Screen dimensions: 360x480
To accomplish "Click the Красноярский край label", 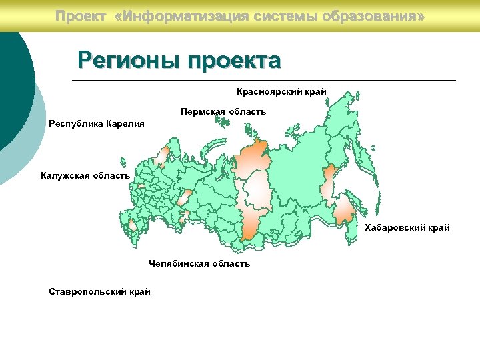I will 281,91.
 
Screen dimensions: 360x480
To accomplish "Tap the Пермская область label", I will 223,111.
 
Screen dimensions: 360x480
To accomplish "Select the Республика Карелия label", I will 96,124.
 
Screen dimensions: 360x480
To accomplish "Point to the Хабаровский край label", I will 407,228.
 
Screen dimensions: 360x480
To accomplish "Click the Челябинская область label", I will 199,264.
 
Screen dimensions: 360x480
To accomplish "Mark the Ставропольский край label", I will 99,291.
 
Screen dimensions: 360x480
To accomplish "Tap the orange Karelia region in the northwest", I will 161,157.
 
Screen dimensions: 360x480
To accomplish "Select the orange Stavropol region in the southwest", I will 133,226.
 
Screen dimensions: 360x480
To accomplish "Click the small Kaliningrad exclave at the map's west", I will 123,162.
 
